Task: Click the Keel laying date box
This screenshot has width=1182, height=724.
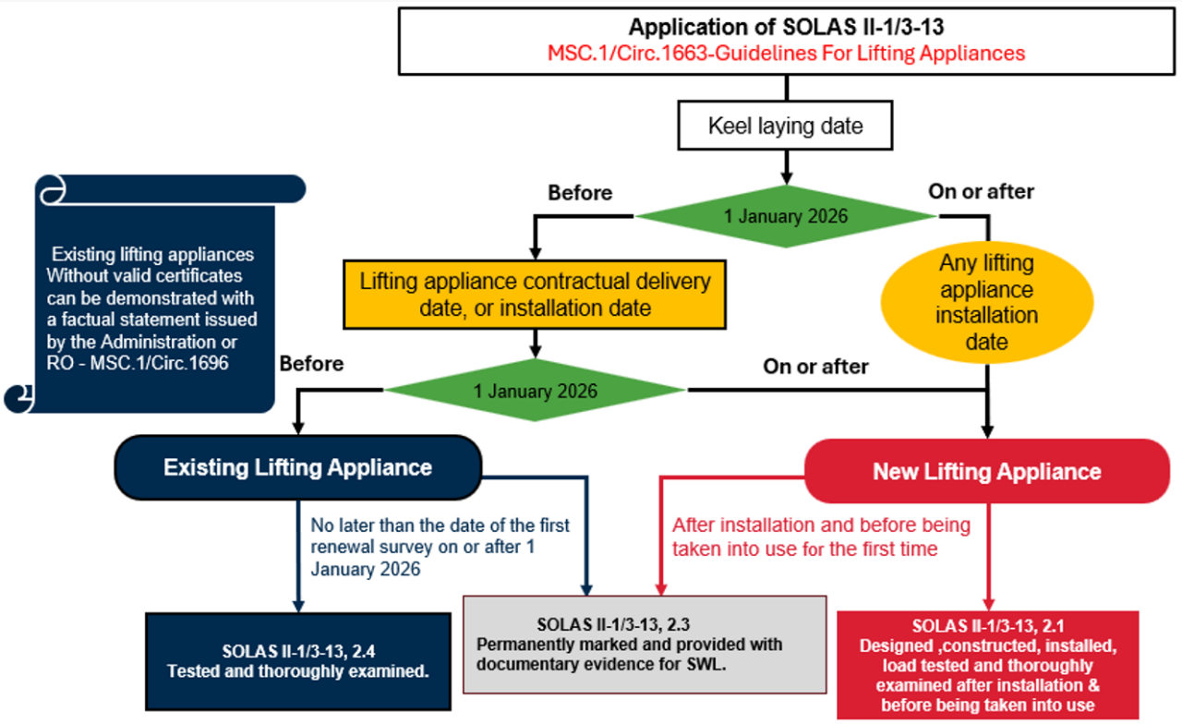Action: click(x=785, y=126)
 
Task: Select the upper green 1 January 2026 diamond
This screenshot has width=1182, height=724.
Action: click(x=786, y=216)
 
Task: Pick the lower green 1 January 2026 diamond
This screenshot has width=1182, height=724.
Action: click(x=536, y=391)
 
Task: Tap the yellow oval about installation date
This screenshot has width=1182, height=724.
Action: click(x=987, y=302)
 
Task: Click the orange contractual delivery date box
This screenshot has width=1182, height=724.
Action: click(x=535, y=294)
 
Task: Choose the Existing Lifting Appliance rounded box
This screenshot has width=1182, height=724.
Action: click(x=297, y=467)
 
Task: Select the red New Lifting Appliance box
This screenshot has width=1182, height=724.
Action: click(x=987, y=472)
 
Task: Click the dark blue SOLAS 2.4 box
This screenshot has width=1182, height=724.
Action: click(x=297, y=658)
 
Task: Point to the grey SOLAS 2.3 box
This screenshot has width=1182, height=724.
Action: click(x=645, y=644)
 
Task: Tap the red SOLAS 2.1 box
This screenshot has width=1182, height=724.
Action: click(x=987, y=663)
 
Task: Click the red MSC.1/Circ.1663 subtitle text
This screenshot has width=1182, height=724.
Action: click(x=785, y=53)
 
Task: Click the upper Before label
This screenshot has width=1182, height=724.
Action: click(x=580, y=193)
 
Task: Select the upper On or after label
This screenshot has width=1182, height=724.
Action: click(x=981, y=192)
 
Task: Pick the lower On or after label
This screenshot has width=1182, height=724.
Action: click(x=815, y=367)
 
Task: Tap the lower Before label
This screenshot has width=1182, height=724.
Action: click(x=311, y=364)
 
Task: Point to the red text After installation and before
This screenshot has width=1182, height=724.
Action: click(x=821, y=525)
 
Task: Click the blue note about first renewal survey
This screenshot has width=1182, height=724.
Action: click(x=440, y=547)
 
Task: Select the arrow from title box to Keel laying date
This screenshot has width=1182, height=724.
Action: click(x=786, y=88)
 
